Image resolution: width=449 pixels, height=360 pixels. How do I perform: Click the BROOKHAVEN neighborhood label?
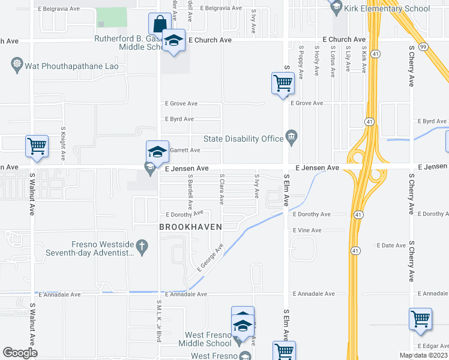[x=190, y=227]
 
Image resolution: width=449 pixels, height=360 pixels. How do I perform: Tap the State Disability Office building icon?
[x=292, y=139]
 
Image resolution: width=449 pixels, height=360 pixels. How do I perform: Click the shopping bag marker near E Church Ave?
[x=158, y=25]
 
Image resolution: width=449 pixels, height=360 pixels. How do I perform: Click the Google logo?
[x=20, y=353]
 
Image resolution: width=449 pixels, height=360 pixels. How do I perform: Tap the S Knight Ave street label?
[x=63, y=144]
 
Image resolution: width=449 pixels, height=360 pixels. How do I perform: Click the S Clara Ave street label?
[x=222, y=189]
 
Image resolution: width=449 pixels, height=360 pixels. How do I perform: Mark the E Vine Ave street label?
[x=307, y=230]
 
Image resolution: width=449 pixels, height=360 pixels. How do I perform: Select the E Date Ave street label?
[x=391, y=245]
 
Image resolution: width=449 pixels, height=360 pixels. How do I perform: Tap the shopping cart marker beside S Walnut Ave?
[x=37, y=146]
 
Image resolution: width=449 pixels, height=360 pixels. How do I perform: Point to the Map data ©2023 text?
[x=424, y=355]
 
